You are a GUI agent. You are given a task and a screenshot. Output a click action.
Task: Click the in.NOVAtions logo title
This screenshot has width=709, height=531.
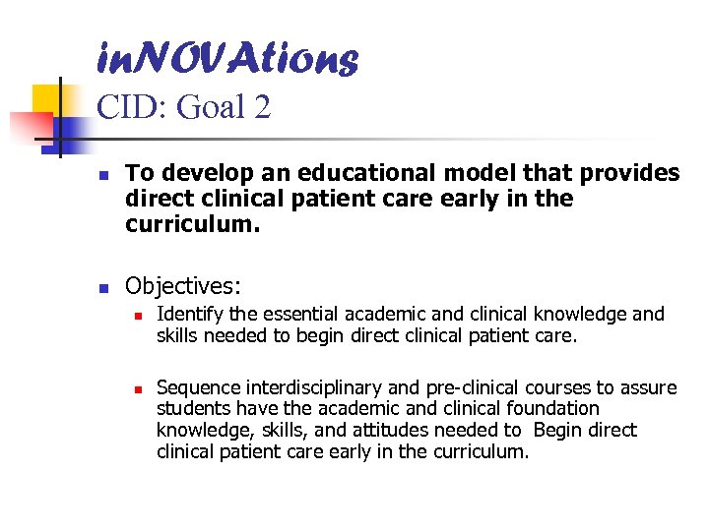click(227, 59)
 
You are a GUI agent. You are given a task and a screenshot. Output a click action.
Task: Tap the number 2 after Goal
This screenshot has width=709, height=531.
click(260, 107)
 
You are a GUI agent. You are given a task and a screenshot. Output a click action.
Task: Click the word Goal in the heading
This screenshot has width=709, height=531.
click(209, 107)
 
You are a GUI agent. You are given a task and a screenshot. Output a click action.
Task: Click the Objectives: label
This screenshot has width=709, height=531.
click(183, 286)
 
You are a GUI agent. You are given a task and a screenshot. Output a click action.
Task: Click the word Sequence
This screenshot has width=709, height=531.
click(196, 387)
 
